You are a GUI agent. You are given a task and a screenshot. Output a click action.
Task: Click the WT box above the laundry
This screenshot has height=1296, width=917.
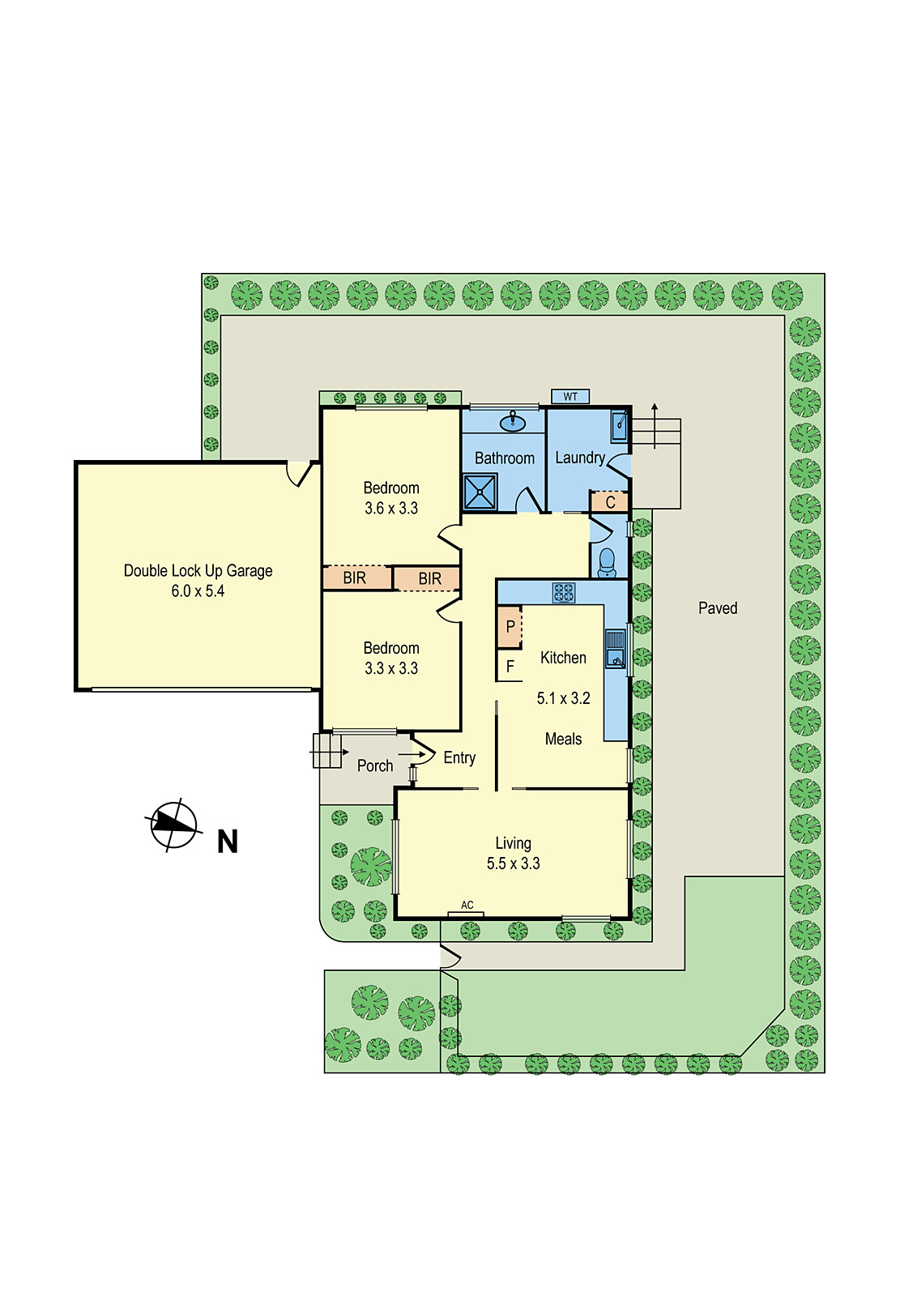coord(569,396)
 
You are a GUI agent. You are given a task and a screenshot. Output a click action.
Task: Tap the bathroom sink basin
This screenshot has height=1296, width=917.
coord(512,422)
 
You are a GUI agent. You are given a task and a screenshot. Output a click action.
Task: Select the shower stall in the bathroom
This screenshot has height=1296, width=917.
coord(480,492)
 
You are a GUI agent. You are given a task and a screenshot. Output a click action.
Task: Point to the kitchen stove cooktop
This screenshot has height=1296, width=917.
coord(564,593)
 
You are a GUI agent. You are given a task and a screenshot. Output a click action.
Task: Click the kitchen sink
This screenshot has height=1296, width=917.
coord(616,649)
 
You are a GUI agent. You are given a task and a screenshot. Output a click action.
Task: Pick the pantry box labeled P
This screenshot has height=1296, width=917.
coord(510,627)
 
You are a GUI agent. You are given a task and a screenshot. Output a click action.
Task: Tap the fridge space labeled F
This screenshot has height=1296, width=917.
coord(510,666)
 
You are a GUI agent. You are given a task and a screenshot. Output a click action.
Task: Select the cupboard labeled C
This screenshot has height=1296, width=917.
coord(609,501)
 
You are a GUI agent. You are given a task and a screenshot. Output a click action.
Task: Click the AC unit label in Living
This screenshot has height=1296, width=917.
coord(467,906)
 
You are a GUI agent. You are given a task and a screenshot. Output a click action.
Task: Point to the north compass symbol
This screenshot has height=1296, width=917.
coord(173,825)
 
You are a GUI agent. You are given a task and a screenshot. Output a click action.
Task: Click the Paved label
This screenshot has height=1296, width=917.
coord(718,608)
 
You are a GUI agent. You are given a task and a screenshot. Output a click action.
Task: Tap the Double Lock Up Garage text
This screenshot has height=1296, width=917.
coord(198,571)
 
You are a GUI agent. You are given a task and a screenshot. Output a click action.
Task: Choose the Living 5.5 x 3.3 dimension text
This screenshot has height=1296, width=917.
coord(513,863)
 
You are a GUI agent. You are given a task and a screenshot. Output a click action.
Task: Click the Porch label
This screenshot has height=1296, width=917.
coord(375,766)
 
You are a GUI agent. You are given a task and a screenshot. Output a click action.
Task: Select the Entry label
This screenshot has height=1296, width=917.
coord(459,758)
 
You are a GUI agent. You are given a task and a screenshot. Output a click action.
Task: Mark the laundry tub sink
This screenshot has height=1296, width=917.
coord(619,426)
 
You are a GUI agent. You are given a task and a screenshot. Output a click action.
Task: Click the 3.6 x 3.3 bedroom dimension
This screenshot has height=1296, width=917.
coord(391,509)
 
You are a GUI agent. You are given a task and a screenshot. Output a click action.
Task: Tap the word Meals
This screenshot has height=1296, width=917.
coord(563,739)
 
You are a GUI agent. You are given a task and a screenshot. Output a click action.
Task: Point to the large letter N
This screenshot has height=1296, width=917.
coord(228,842)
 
